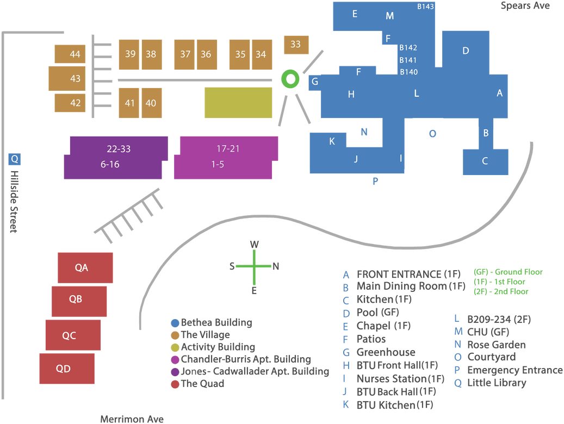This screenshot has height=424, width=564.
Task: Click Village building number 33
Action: click(296, 45)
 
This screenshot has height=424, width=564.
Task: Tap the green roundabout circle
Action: click(290, 79)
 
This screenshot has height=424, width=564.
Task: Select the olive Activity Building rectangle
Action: click(238, 103)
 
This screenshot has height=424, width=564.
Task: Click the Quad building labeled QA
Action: click(85, 267)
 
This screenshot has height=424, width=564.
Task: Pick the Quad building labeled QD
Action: click(67, 369)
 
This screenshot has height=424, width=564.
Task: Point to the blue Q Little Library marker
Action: click(14, 159)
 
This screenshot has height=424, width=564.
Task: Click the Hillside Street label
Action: click(14, 202)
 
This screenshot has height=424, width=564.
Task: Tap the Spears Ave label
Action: click(525, 6)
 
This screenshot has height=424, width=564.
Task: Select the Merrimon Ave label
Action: click(132, 419)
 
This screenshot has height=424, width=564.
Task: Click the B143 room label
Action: click(425, 7)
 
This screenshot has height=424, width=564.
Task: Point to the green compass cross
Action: click(255, 266)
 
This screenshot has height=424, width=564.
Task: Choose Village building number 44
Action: click(70, 54)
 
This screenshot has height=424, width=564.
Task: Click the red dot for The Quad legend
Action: click(175, 384)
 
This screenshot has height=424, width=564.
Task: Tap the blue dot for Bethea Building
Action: click(175, 323)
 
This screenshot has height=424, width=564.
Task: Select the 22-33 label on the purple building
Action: click(119, 149)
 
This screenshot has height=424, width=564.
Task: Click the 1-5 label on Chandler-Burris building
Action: click(218, 164)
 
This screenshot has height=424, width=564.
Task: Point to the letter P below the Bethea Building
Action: click(375, 181)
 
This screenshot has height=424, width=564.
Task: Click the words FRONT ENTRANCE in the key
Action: click(399, 275)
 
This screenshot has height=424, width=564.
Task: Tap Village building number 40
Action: click(151, 103)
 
